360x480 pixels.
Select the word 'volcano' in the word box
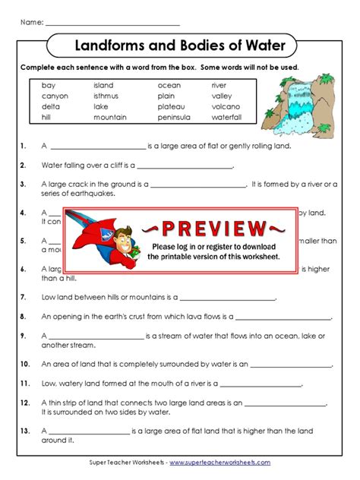pos(226,107)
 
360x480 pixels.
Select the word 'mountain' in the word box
pos(109,118)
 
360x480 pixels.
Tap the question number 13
pos(24,431)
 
